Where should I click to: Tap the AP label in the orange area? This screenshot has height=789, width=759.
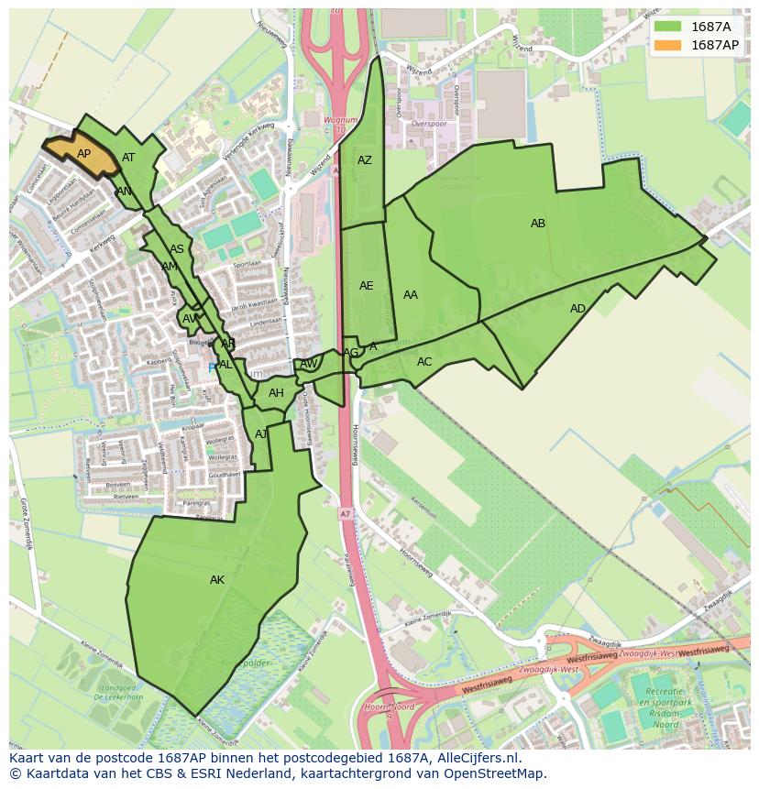point(83,154)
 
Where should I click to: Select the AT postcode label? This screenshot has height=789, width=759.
point(128,158)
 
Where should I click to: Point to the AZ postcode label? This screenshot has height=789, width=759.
point(365,160)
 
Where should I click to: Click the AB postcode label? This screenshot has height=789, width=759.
point(538,224)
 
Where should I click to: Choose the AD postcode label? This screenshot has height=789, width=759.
point(577,309)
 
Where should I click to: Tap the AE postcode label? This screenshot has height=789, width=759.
point(366,286)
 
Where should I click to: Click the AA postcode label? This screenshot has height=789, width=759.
point(411,295)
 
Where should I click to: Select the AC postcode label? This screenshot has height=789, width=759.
point(424,362)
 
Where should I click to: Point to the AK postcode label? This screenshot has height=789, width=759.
point(217,580)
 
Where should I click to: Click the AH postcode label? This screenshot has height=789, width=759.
point(276,393)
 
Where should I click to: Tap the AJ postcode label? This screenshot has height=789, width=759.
point(261,434)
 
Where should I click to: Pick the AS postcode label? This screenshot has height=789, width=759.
point(177,249)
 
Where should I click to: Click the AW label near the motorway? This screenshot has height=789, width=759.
point(309,364)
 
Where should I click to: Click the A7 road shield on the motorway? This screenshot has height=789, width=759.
point(344,513)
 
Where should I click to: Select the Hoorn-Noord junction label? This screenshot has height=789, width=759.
point(389,706)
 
